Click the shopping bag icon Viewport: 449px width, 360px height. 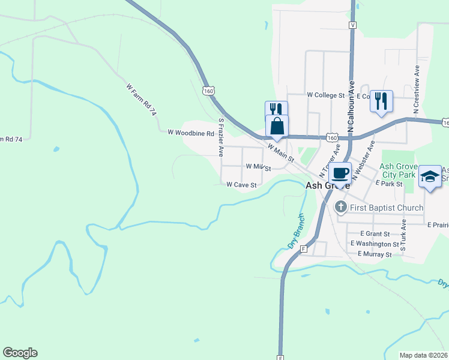point(277,127)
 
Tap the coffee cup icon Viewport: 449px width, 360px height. point(340,173)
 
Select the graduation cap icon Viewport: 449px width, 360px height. point(430,177)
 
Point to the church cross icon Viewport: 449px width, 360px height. point(340,208)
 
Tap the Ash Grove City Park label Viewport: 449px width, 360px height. point(398,169)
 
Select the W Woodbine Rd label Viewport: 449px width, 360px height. point(191,133)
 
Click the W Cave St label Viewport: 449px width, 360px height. point(241,185)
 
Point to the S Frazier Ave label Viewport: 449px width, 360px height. point(221,137)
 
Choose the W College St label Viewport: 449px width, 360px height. point(326,95)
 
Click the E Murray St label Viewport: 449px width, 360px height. point(375,254)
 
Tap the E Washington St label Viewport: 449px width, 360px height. point(375,244)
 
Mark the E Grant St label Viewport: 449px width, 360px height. point(375,233)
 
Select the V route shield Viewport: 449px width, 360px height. point(352,25)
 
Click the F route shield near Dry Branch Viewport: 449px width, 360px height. point(304,248)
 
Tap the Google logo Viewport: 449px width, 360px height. point(20,353)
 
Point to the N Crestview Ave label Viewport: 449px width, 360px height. point(416,88)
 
